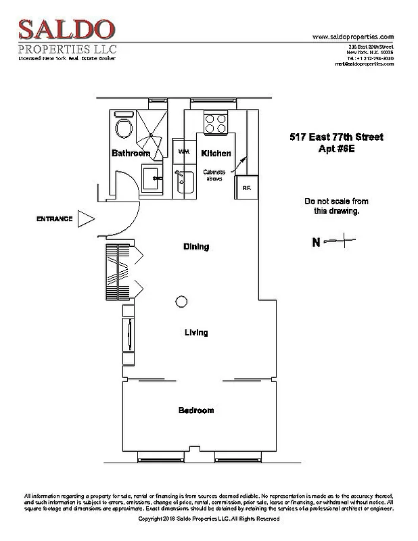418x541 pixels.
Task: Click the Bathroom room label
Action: (131, 154)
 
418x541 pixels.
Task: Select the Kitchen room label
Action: (216, 154)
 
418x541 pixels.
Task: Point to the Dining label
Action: (196, 247)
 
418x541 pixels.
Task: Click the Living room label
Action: (196, 333)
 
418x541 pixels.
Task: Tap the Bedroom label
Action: (196, 410)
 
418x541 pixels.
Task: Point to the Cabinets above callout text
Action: (214, 176)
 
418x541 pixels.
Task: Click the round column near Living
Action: (181, 302)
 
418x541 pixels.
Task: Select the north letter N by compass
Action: (315, 242)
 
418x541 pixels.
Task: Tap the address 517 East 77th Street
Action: (333, 137)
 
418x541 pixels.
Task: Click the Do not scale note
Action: (331, 206)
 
